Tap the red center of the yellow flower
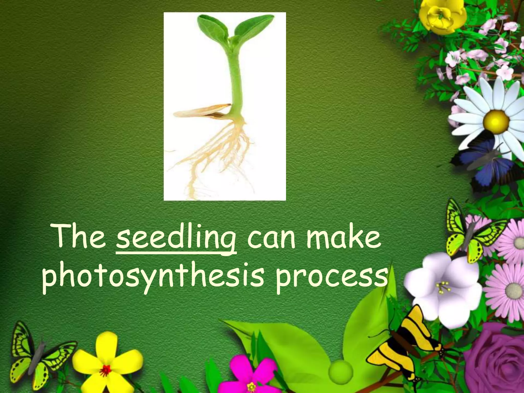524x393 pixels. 106,370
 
